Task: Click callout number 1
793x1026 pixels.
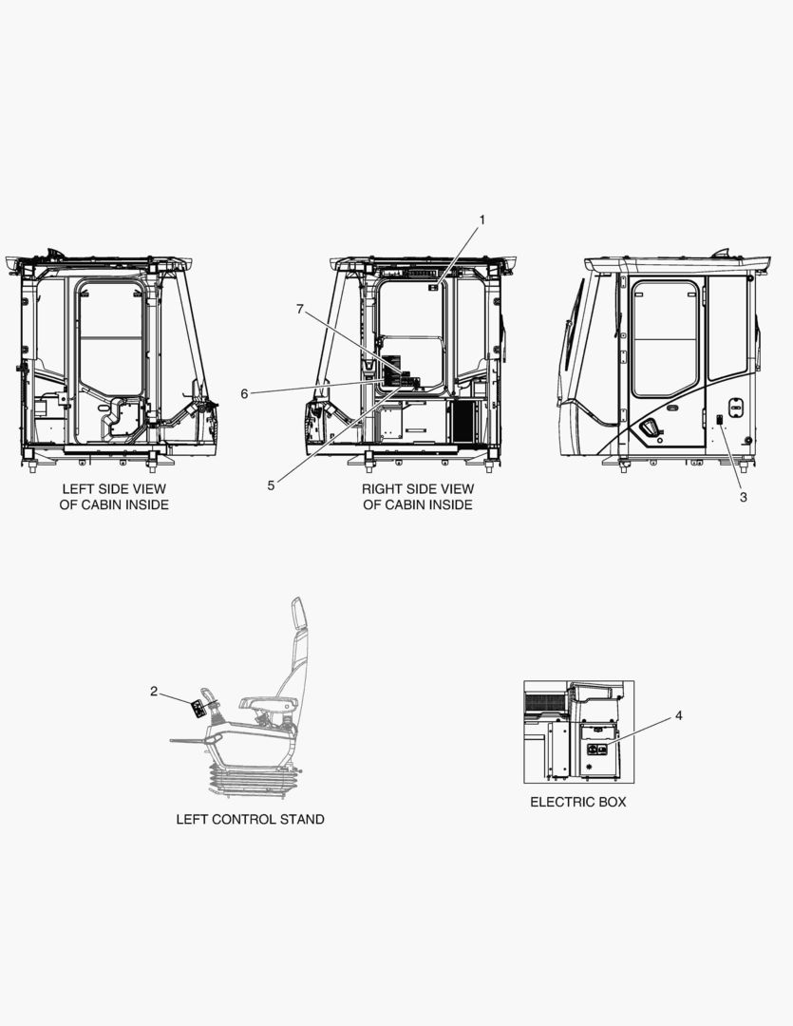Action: (482, 219)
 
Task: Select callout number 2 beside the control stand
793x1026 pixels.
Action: (154, 691)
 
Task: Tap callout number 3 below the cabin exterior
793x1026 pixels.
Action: (744, 497)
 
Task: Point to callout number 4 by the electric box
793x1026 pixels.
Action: (678, 715)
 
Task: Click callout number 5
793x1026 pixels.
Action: (271, 485)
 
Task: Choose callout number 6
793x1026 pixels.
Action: (244, 394)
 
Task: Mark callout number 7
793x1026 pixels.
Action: (300, 309)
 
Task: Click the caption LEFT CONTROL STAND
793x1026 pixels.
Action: (250, 819)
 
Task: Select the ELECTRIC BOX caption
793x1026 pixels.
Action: (577, 802)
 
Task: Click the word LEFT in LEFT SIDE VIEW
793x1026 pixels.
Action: (78, 489)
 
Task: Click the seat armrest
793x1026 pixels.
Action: (269, 703)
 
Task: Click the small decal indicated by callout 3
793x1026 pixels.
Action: (719, 420)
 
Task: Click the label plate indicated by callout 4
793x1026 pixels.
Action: (597, 751)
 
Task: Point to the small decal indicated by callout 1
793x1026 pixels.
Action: (433, 287)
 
